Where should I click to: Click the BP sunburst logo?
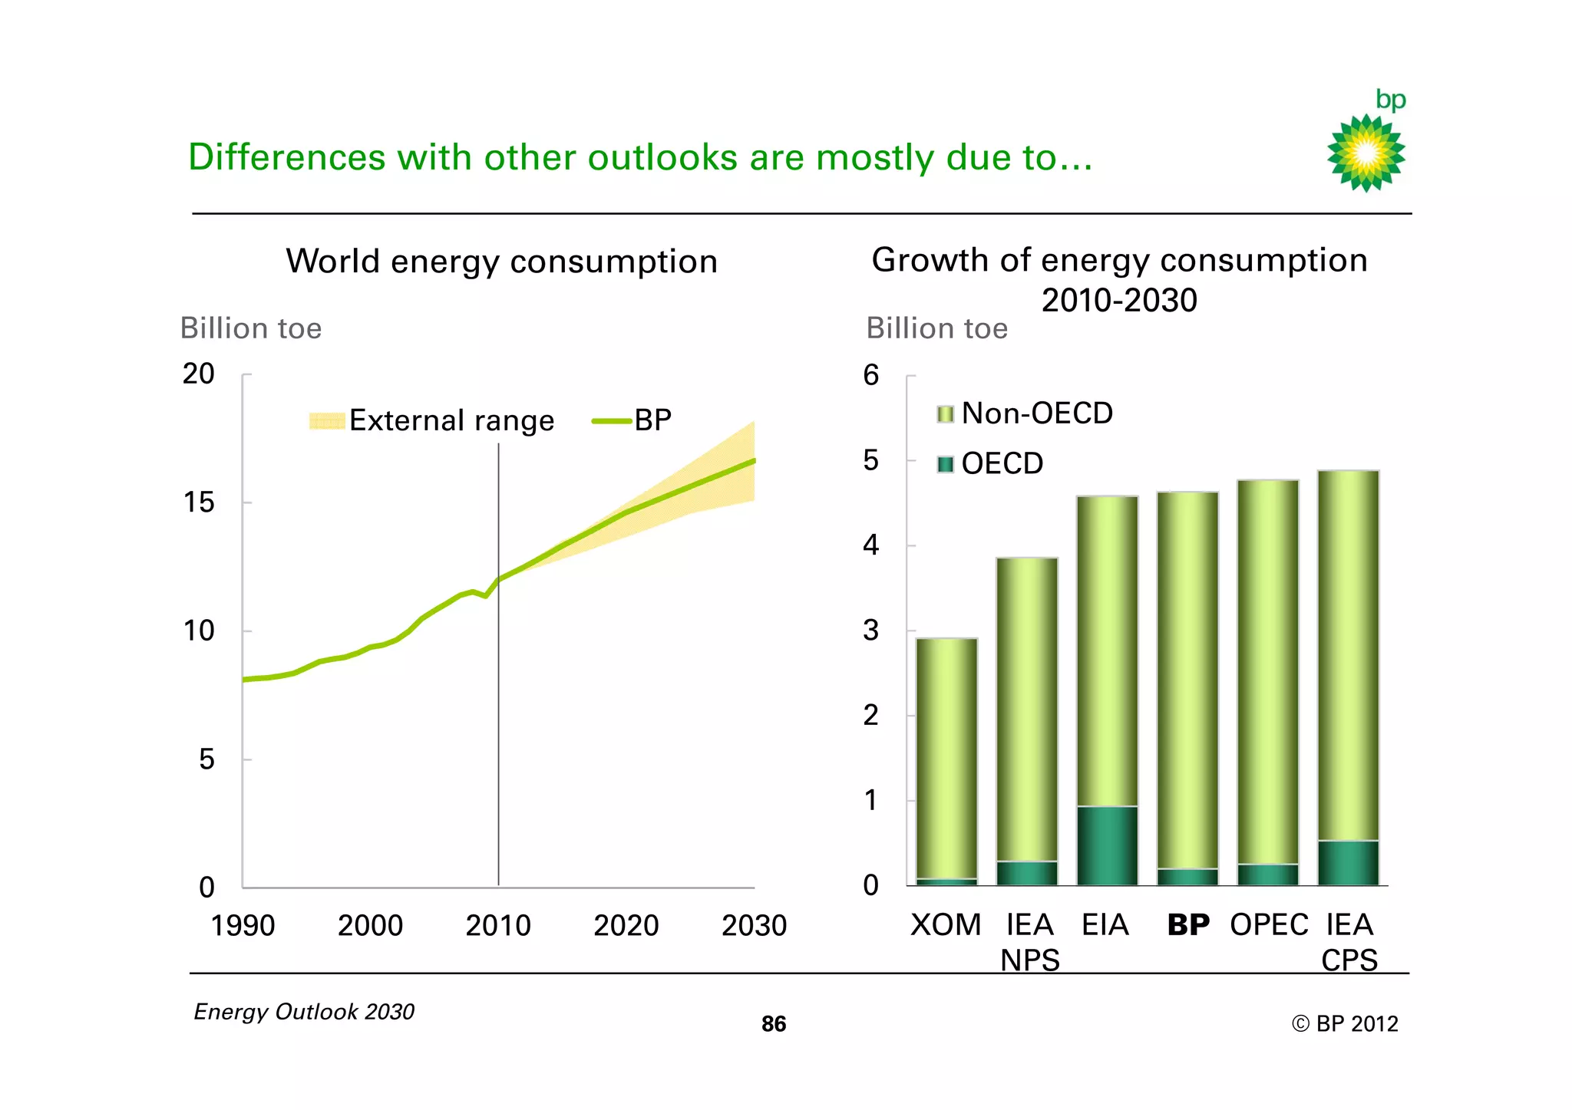pos(1366,152)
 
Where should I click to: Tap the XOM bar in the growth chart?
pos(946,759)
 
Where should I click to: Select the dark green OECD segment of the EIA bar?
pos(1107,845)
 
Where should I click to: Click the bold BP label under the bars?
pos(1187,925)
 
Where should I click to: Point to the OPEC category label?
pos(1268,925)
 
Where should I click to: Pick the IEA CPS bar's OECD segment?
pos(1348,863)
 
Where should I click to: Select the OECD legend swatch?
pos(946,464)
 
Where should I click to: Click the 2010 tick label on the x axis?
pos(498,926)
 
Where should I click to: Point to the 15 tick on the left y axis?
pos(199,502)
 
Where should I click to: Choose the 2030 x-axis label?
pos(754,926)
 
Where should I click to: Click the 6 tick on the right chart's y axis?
pos(870,375)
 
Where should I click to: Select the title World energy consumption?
pos(502,262)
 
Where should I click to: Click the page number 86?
pos(774,1024)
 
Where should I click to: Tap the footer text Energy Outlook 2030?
pos(304,1012)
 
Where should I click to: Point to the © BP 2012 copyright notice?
pos(1345,1024)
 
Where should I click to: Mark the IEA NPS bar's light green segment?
pos(1027,710)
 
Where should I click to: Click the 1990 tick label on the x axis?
pos(243,926)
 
